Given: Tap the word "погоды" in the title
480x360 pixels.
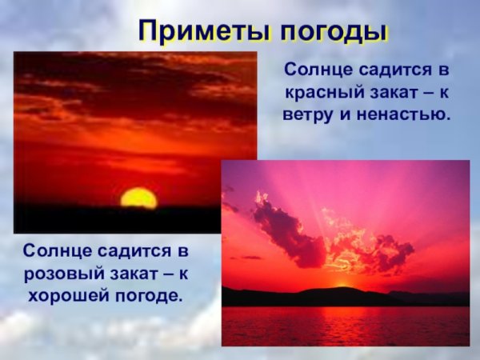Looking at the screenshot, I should coord(333,30).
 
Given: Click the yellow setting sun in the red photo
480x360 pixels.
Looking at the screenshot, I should coord(138,198).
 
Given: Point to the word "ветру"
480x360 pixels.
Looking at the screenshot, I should coord(308,114).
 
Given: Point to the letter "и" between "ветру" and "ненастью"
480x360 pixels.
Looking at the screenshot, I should coord(344,114).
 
